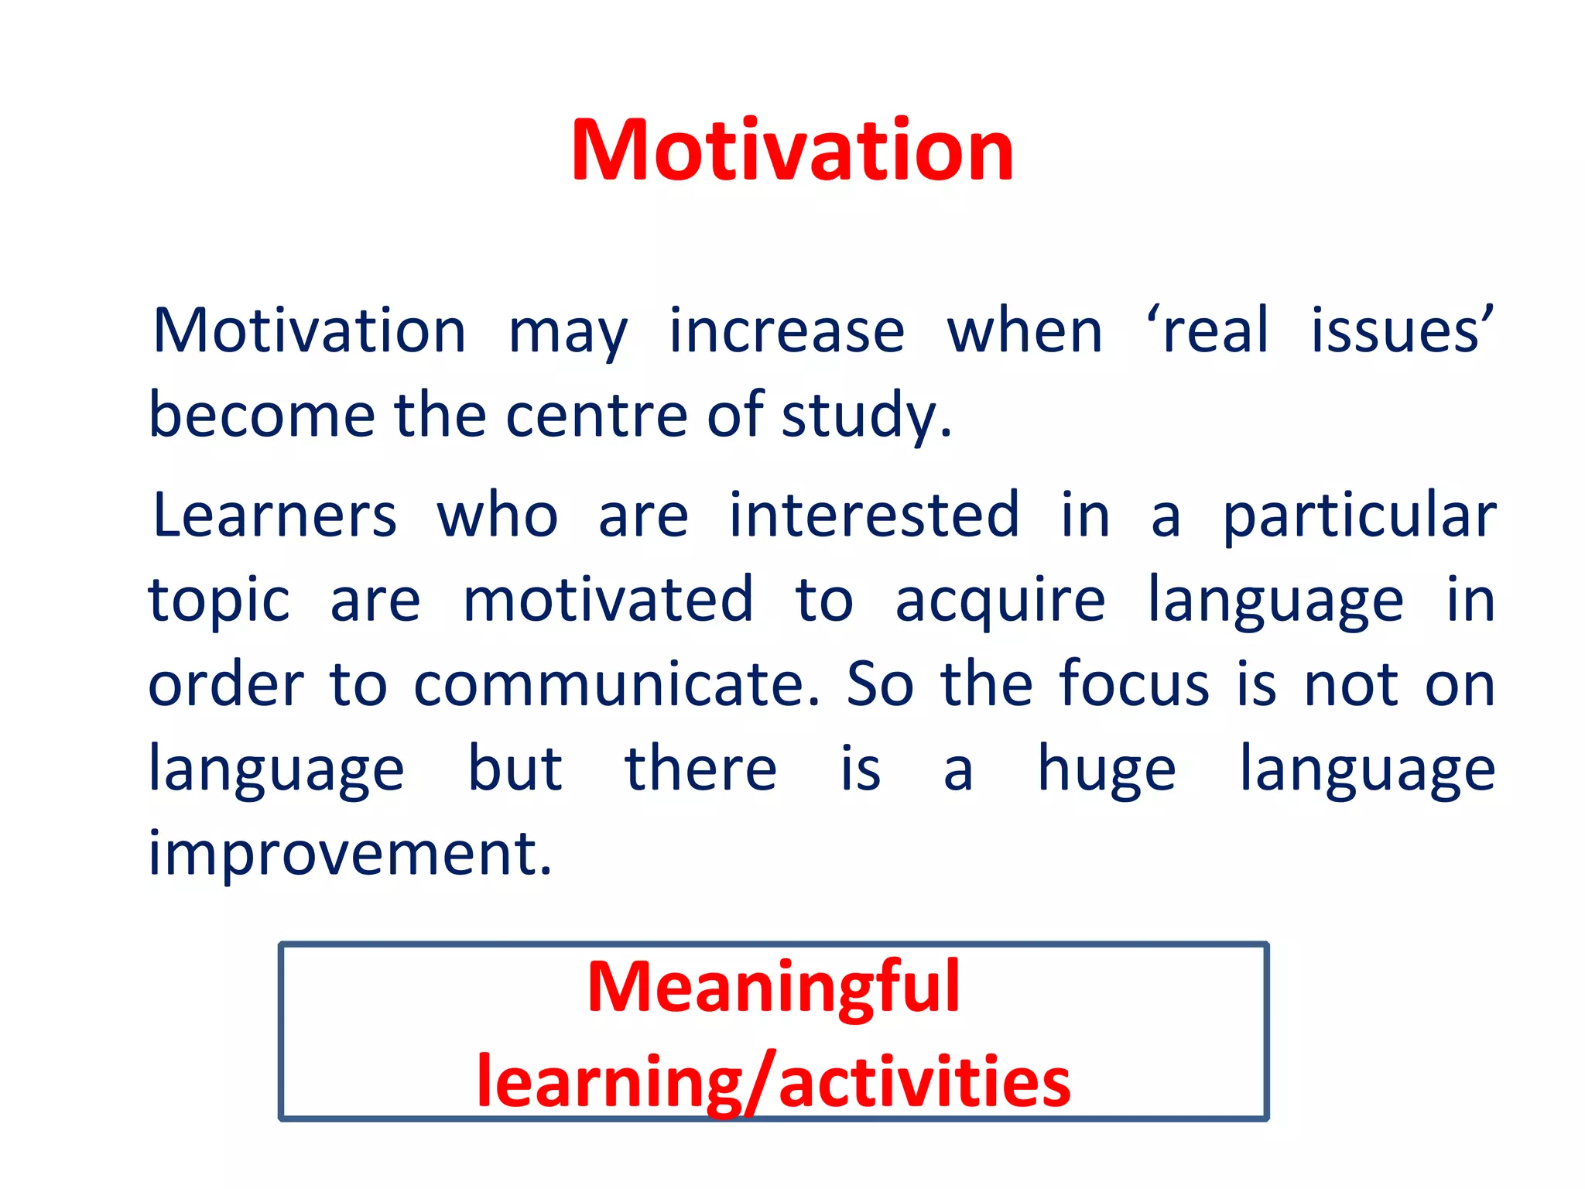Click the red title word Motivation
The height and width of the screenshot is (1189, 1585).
pos(792,151)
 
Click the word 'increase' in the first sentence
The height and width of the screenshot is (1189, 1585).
pos(786,331)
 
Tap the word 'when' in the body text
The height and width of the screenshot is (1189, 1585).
pos(1025,331)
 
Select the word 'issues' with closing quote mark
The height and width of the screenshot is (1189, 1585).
pos(1401,331)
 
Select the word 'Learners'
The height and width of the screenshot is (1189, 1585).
pos(275,516)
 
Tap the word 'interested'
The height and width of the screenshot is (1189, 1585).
pos(874,516)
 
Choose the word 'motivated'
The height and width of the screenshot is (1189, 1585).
pos(608,600)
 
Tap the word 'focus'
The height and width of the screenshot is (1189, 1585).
pos(1134,684)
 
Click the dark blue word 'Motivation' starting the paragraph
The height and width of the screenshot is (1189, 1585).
pos(310,331)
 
